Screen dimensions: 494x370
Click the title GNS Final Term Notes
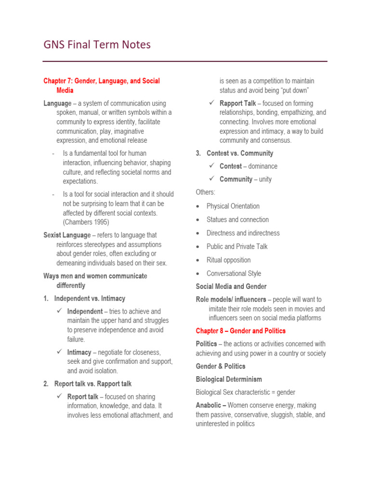pos(97,45)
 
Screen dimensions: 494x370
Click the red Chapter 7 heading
pos(101,85)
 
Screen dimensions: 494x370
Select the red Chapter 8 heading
pos(240,331)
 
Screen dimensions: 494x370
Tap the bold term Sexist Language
pos(67,235)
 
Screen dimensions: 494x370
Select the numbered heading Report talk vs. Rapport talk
pos(93,384)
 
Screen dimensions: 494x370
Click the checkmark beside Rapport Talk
pos(212,103)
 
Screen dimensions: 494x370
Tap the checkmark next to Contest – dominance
pos(212,166)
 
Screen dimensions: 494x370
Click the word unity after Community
pos(265,179)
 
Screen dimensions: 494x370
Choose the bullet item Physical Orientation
pos(233,206)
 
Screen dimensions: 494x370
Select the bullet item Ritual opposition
pos(228,260)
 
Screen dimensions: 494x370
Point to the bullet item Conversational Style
pos(234,274)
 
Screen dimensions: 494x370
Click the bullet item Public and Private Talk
pos(237,247)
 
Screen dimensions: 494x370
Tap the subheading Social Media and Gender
pos(231,287)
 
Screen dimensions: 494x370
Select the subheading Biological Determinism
pos(229,380)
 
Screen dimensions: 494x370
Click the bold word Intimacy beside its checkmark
pos(79,353)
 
